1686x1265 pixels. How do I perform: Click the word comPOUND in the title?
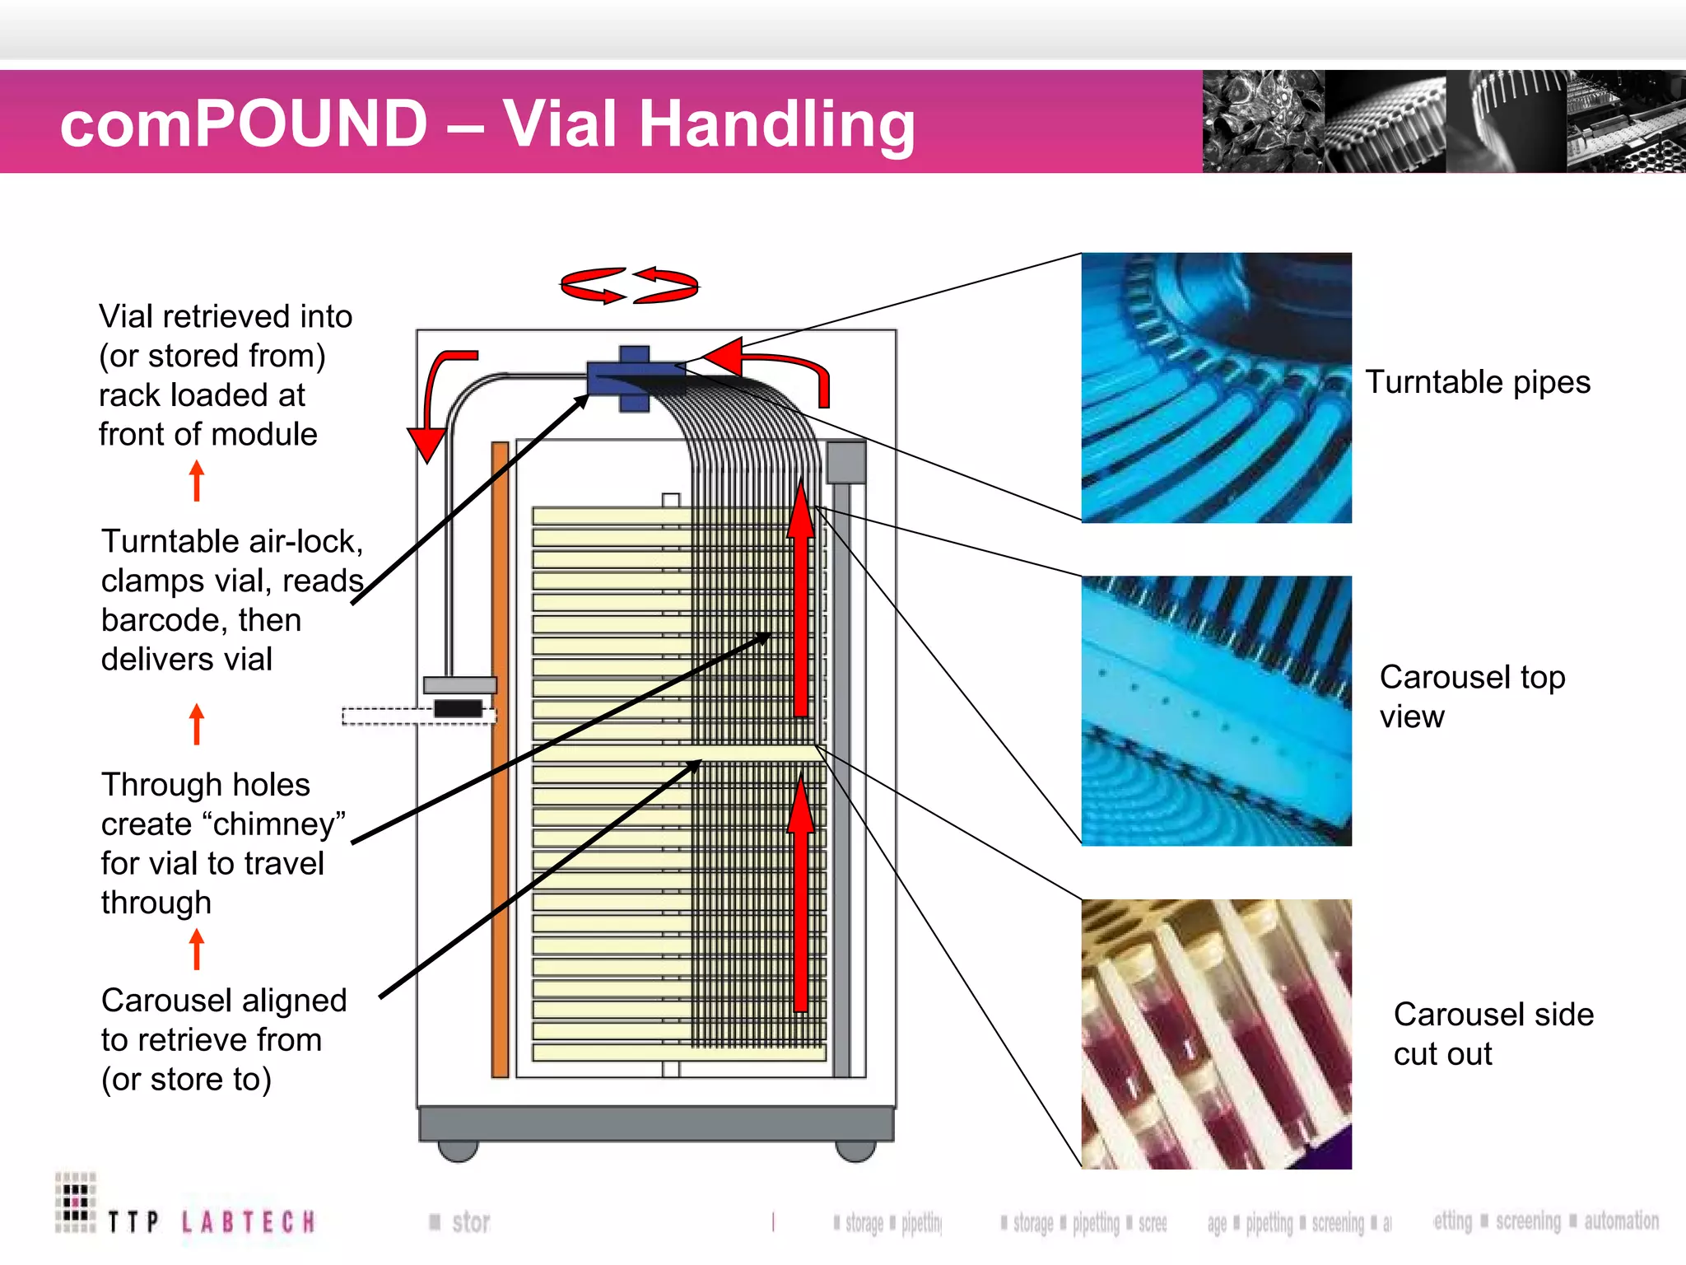point(244,124)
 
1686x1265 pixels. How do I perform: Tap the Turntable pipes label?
point(1477,382)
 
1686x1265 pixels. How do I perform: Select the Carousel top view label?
point(1471,696)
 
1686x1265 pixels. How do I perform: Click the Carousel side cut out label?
point(1493,1034)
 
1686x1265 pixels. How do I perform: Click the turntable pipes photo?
point(1216,387)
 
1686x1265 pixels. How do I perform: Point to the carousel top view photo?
point(1216,710)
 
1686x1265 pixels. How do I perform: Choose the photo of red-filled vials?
point(1216,1034)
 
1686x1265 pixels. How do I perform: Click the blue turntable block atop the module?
point(634,378)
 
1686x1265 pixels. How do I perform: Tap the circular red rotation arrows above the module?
point(629,286)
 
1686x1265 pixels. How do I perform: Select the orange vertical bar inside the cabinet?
point(500,758)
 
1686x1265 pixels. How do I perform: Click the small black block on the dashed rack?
point(459,708)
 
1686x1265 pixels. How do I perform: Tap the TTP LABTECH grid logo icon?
point(76,1202)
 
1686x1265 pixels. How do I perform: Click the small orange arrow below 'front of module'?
point(196,480)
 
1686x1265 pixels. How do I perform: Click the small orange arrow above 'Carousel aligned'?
point(196,949)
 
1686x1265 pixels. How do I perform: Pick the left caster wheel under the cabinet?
point(458,1151)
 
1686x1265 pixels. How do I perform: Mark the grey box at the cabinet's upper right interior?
point(845,463)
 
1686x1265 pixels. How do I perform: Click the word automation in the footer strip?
point(1621,1221)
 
